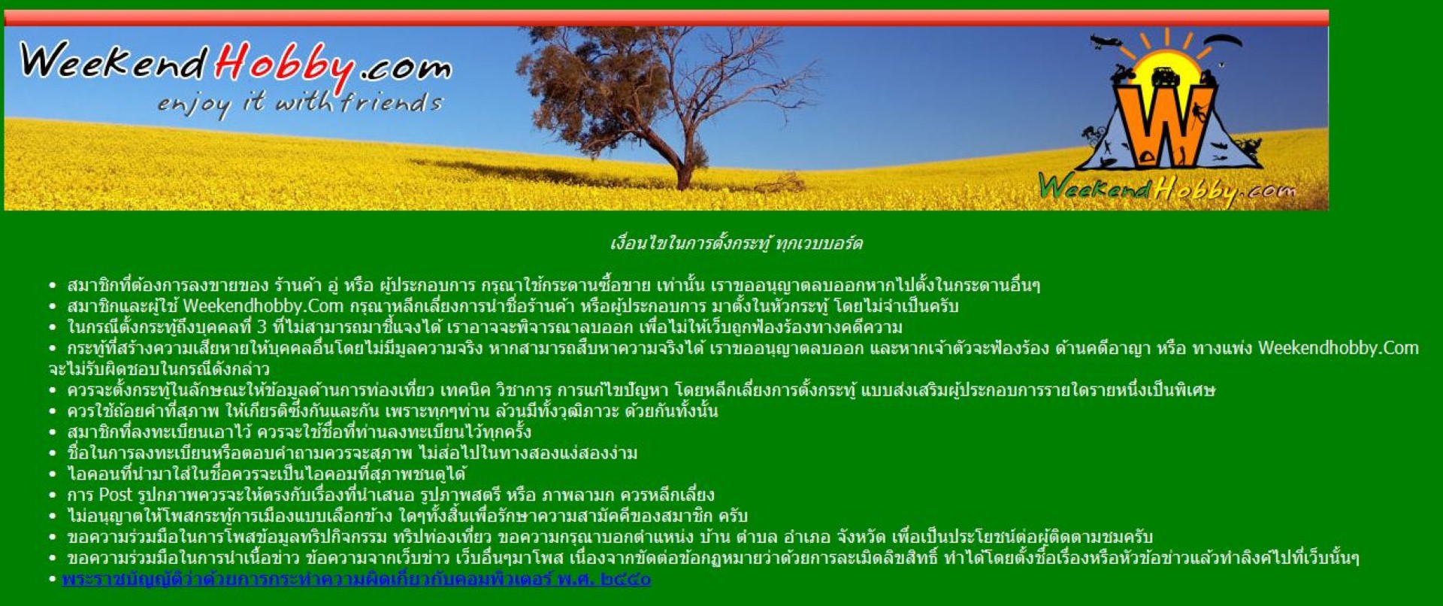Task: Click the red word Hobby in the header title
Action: pos(284,66)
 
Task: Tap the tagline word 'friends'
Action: pos(392,102)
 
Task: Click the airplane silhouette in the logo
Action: pos(1106,41)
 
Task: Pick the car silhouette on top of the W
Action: pos(1164,76)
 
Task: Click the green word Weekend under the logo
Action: pos(1094,187)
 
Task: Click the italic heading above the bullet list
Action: pos(736,244)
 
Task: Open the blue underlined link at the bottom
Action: pos(356,579)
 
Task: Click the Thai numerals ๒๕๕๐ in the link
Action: pos(626,579)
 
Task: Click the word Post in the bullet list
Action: pos(116,495)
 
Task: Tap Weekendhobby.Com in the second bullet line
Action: pos(263,307)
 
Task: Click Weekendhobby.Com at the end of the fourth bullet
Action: pos(1339,348)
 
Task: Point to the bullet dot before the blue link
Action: pos(53,580)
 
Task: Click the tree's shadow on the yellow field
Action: pos(541,174)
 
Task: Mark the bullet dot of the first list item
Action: pos(53,286)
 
